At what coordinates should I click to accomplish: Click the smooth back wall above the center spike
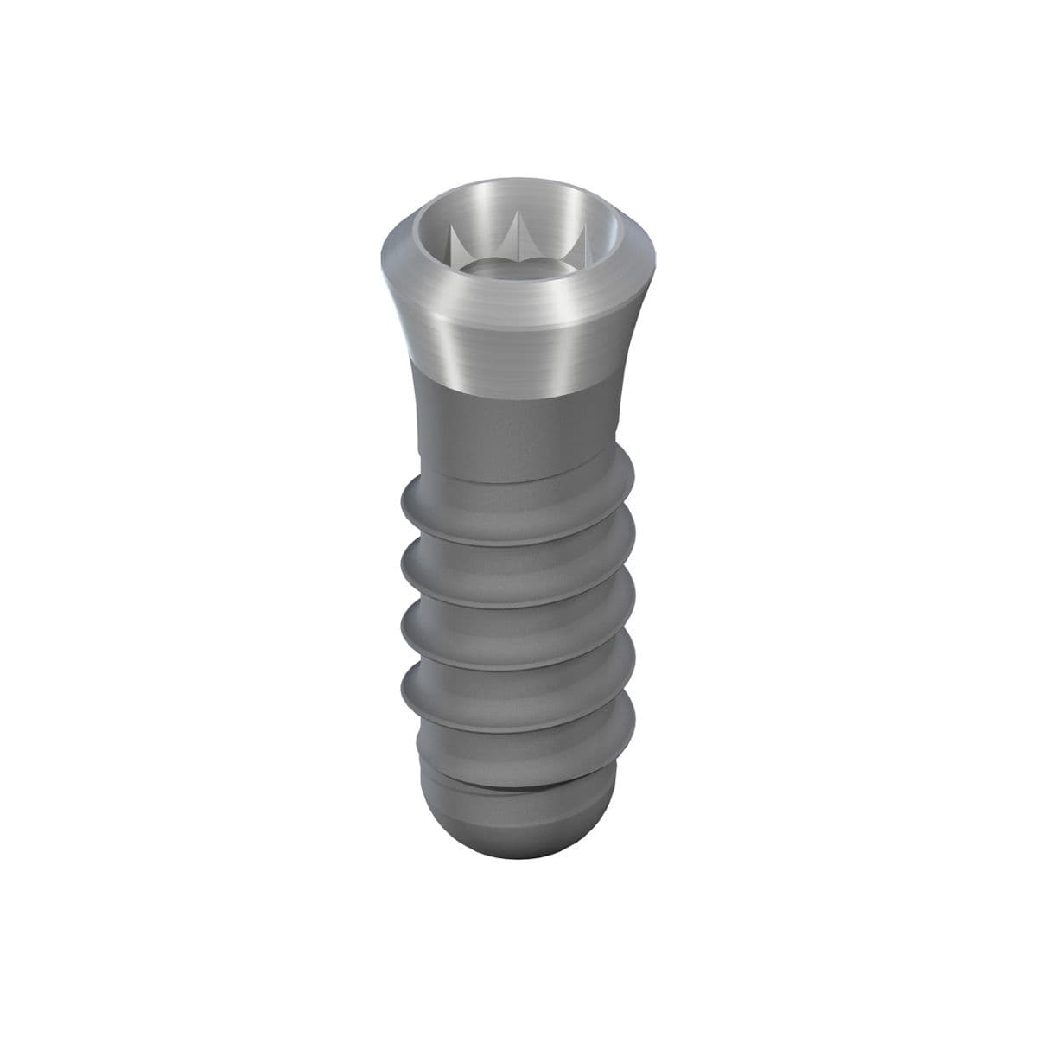518,207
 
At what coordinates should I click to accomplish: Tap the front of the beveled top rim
517,304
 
